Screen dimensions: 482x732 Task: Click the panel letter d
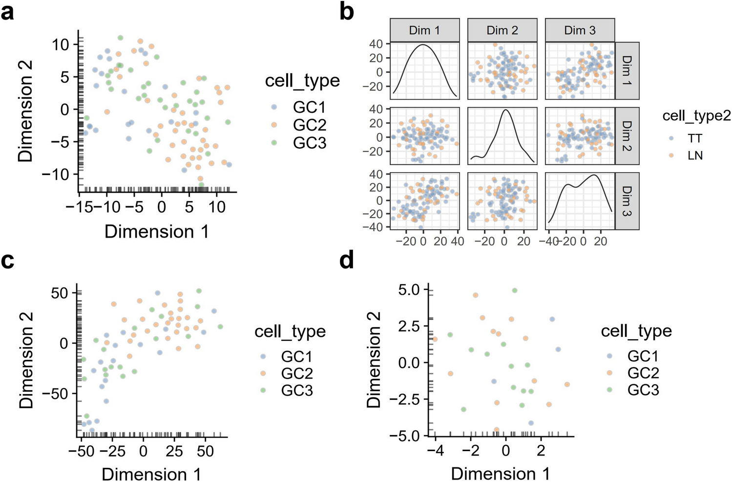[x=347, y=261]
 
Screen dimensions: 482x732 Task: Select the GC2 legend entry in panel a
[x=309, y=125]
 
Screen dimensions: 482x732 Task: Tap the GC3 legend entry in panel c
[x=296, y=390]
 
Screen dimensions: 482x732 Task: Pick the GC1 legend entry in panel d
[x=643, y=356]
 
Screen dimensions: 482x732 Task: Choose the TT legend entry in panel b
[x=694, y=138]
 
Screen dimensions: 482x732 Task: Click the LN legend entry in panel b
[x=694, y=155]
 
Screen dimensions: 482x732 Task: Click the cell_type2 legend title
[x=696, y=115]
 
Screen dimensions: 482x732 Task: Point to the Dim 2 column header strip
[x=502, y=30]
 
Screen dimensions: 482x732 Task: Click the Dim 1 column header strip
[x=424, y=30]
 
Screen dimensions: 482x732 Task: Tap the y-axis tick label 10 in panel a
[x=61, y=44]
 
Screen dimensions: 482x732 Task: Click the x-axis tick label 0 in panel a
[x=162, y=207]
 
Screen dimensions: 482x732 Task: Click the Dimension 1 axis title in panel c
[x=151, y=473]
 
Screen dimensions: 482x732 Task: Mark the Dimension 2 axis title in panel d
[x=374, y=360]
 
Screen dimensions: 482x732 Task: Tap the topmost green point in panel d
[x=514, y=290]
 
